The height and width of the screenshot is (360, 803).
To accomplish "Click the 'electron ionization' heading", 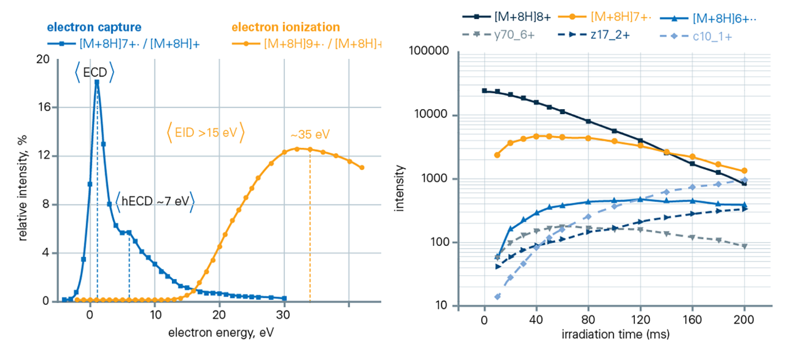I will (285, 27).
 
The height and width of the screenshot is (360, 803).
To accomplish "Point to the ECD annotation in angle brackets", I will (95, 73).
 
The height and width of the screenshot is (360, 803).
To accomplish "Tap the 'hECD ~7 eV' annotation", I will (154, 201).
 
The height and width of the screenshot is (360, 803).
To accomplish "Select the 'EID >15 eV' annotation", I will (205, 133).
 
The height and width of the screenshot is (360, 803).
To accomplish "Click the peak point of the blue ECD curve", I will (97, 82).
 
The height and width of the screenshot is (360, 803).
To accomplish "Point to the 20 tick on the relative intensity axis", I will (43, 58).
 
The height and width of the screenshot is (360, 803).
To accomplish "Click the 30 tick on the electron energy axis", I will (284, 314).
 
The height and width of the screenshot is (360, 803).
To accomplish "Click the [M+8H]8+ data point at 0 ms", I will (484, 90).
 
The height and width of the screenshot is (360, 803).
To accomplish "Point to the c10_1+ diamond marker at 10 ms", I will (497, 297).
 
